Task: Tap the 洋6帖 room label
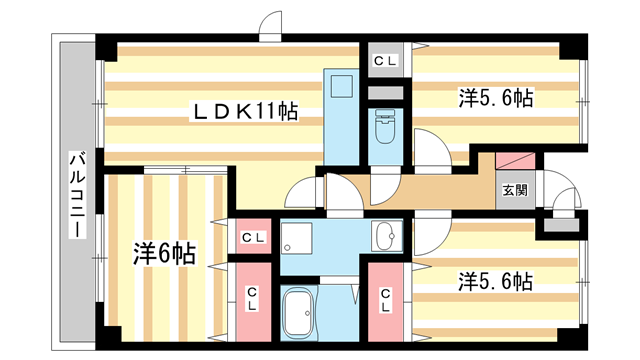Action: click(x=164, y=254)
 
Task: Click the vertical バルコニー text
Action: click(x=76, y=195)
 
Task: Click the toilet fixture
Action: click(x=384, y=128)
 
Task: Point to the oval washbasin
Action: click(x=384, y=237)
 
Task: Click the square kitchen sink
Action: click(x=340, y=86)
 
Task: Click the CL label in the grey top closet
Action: click(x=385, y=61)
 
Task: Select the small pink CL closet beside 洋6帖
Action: click(x=253, y=238)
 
